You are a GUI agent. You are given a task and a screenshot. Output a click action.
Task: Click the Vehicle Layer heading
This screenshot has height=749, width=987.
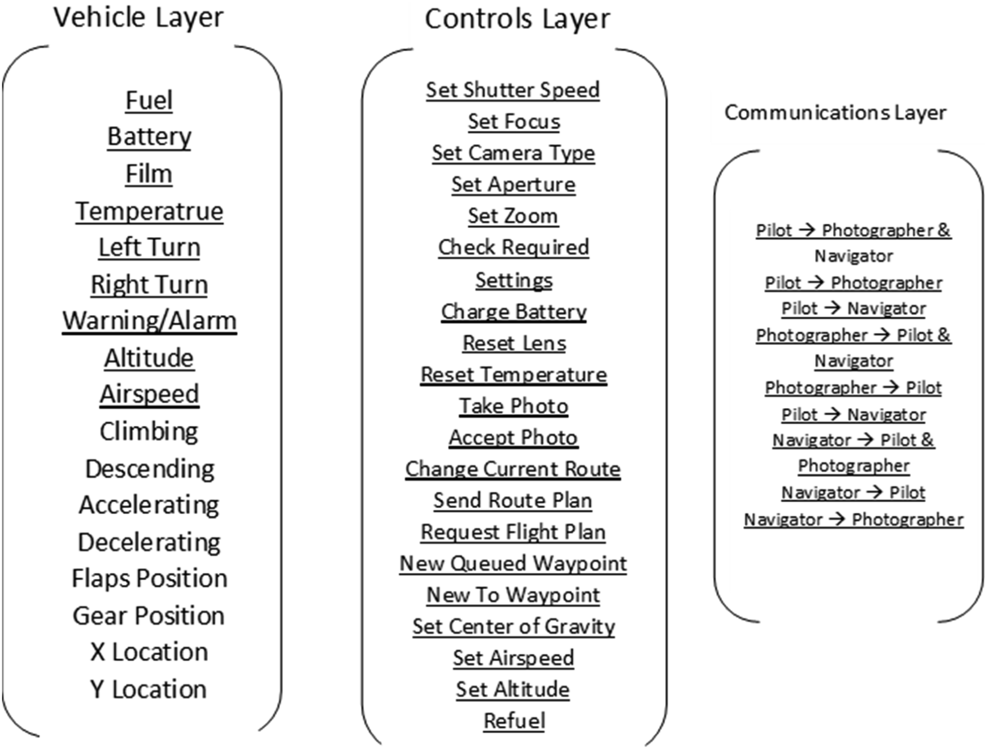pyautogui.click(x=138, y=18)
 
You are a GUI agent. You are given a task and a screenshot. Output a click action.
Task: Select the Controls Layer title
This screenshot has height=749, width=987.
pyautogui.click(x=517, y=20)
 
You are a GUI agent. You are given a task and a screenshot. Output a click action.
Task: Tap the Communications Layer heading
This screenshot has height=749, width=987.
pyautogui.click(x=835, y=112)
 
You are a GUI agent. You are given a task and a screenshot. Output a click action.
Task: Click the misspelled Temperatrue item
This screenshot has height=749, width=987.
pyautogui.click(x=149, y=211)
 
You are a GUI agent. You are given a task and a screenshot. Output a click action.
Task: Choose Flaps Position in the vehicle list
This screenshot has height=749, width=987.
pyautogui.click(x=150, y=578)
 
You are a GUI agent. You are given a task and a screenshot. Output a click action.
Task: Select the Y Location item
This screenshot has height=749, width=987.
pyautogui.click(x=148, y=689)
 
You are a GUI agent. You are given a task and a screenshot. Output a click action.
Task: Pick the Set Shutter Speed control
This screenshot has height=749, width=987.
pyautogui.click(x=513, y=90)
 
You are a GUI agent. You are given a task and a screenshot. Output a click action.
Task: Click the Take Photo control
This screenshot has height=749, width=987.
pyautogui.click(x=514, y=406)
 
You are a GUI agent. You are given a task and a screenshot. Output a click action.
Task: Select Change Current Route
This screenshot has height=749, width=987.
pyautogui.click(x=513, y=469)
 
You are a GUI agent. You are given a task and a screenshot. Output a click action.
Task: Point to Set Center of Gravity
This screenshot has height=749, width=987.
pyautogui.click(x=514, y=626)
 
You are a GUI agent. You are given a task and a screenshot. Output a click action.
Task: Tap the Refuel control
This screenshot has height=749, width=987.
pyautogui.click(x=514, y=721)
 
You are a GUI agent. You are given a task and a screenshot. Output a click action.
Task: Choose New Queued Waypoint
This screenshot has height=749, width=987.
pyautogui.click(x=513, y=563)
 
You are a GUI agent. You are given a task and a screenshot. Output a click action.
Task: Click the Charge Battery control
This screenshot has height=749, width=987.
pyautogui.click(x=514, y=312)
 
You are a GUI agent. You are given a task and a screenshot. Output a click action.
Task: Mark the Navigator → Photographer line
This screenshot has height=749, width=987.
pyautogui.click(x=854, y=519)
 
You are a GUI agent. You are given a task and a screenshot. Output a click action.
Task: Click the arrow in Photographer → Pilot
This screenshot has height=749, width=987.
pyautogui.click(x=891, y=387)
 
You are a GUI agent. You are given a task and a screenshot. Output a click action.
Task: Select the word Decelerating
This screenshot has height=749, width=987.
pyautogui.click(x=149, y=542)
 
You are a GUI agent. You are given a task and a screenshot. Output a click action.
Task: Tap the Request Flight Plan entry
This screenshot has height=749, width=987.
pyautogui.click(x=513, y=532)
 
